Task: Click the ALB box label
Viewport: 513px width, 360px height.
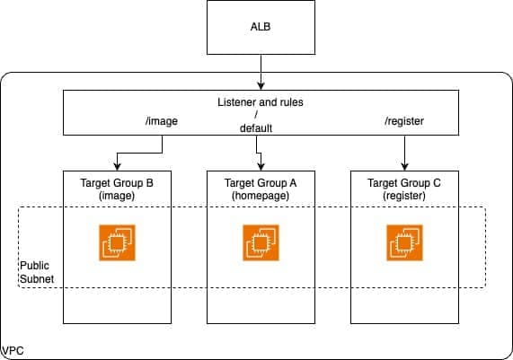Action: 260,26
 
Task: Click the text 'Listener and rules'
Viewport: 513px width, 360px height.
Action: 261,103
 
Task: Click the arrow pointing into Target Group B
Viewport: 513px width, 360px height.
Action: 118,161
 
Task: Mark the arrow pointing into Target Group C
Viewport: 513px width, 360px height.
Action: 404,158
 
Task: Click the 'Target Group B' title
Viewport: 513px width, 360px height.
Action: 118,183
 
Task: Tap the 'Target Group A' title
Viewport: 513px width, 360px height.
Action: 261,183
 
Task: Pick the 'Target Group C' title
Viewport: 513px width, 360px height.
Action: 404,183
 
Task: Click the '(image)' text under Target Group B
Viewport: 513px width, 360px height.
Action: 118,196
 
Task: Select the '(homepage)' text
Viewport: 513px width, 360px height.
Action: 261,196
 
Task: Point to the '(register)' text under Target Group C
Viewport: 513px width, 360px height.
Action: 404,196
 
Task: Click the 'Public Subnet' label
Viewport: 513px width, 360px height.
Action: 37,272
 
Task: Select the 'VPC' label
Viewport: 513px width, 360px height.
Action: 13,349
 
